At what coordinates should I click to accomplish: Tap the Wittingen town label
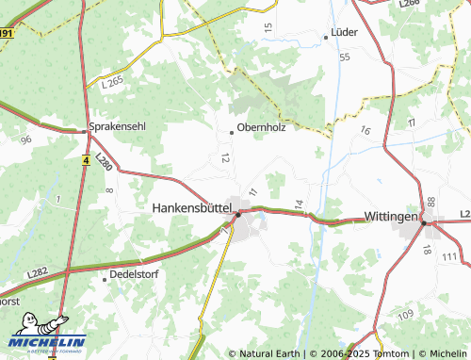(390, 217)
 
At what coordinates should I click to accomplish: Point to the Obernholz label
(262, 127)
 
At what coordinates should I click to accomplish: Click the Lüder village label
(345, 32)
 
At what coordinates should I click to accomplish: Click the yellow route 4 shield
(86, 160)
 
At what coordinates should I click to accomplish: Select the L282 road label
(39, 272)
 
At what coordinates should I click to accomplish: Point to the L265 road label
(111, 84)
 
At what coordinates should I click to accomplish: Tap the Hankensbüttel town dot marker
(238, 214)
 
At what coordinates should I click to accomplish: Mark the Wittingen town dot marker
(426, 223)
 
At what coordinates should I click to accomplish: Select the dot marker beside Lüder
(326, 37)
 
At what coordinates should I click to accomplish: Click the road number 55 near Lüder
(345, 57)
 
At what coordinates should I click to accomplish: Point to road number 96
(25, 139)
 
